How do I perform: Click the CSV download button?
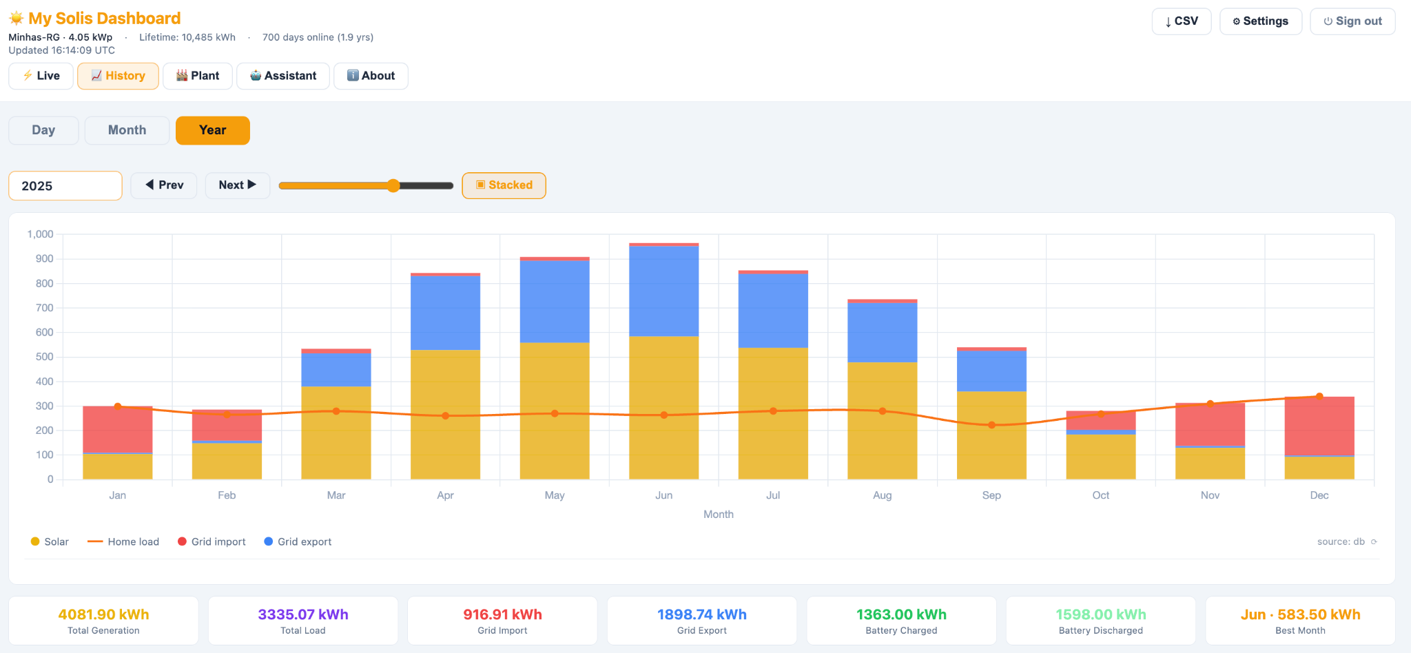click(1182, 21)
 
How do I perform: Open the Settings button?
click(1261, 21)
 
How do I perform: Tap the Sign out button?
click(1352, 21)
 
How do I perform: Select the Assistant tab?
click(283, 76)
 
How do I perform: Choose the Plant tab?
click(198, 76)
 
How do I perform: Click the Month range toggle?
click(127, 130)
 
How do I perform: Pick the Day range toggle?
click(43, 130)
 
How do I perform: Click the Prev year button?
click(164, 185)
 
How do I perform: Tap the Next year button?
click(238, 185)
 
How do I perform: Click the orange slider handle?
click(393, 185)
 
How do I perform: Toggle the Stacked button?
click(504, 185)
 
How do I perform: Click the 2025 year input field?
click(65, 186)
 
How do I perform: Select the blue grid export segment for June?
click(664, 291)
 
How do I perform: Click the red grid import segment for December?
click(1319, 426)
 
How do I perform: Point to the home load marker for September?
click(991, 425)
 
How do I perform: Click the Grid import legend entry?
click(212, 542)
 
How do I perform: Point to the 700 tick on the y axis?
click(45, 308)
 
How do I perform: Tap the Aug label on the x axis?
click(883, 495)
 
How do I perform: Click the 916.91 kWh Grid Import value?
click(502, 614)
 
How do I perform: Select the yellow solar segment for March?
click(336, 433)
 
